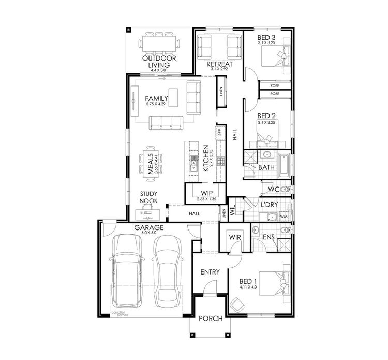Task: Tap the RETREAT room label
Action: (x=219, y=64)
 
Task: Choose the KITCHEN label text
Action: (x=205, y=159)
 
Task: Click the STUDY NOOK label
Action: (x=148, y=197)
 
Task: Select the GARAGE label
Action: (x=149, y=227)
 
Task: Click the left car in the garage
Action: (x=126, y=272)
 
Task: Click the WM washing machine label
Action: (x=283, y=215)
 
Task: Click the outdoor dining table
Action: (x=160, y=41)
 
